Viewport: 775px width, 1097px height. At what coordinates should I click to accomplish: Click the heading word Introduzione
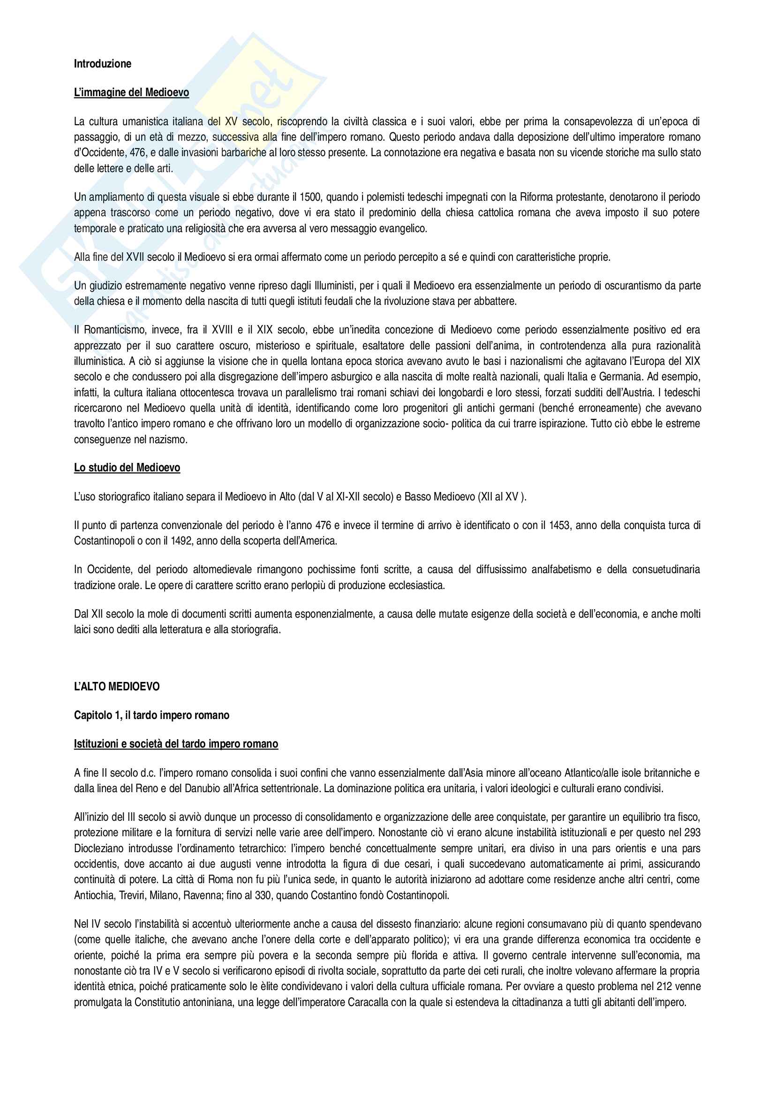tap(102, 63)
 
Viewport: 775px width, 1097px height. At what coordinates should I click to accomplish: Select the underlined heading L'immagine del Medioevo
tap(131, 92)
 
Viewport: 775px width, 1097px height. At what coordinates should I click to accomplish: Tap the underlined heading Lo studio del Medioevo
tap(127, 467)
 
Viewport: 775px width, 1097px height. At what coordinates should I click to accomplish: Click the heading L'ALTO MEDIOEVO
tap(117, 687)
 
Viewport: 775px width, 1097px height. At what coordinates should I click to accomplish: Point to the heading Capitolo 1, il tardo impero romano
tap(151, 715)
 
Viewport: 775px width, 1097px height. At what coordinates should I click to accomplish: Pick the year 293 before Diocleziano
tap(691, 832)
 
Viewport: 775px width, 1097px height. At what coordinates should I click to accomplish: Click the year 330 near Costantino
tap(263, 895)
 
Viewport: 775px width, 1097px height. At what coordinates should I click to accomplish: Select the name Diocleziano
tap(99, 848)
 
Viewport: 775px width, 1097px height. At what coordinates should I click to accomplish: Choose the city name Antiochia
tap(94, 895)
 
